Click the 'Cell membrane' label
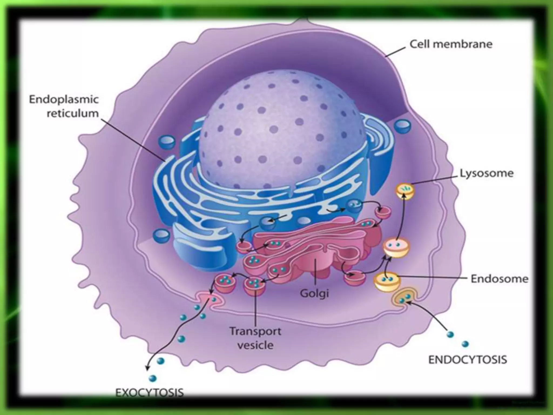click(x=451, y=44)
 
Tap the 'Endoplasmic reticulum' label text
click(x=64, y=106)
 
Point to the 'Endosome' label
click(x=499, y=279)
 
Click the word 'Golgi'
click(x=315, y=293)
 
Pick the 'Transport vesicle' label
click(x=255, y=338)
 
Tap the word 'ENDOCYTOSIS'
click(x=468, y=360)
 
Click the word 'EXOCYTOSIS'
click(x=149, y=393)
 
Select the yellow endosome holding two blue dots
click(x=387, y=282)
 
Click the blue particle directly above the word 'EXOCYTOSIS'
click(x=153, y=378)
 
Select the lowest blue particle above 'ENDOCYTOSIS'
click(x=465, y=344)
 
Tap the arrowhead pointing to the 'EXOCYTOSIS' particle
click(x=147, y=368)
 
